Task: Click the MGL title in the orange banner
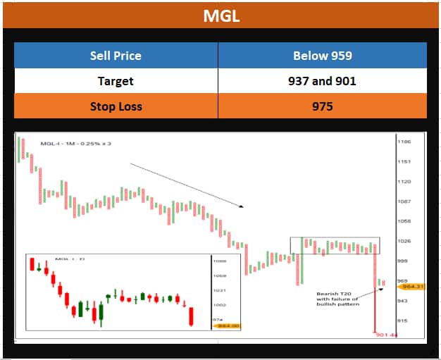[220, 15]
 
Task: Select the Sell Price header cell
[116, 56]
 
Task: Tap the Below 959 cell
[322, 56]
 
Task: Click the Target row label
[116, 81]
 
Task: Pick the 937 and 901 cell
[322, 81]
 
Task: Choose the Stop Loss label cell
[116, 106]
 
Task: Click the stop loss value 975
[322, 106]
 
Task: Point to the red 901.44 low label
[387, 335]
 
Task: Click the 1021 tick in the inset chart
[219, 290]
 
